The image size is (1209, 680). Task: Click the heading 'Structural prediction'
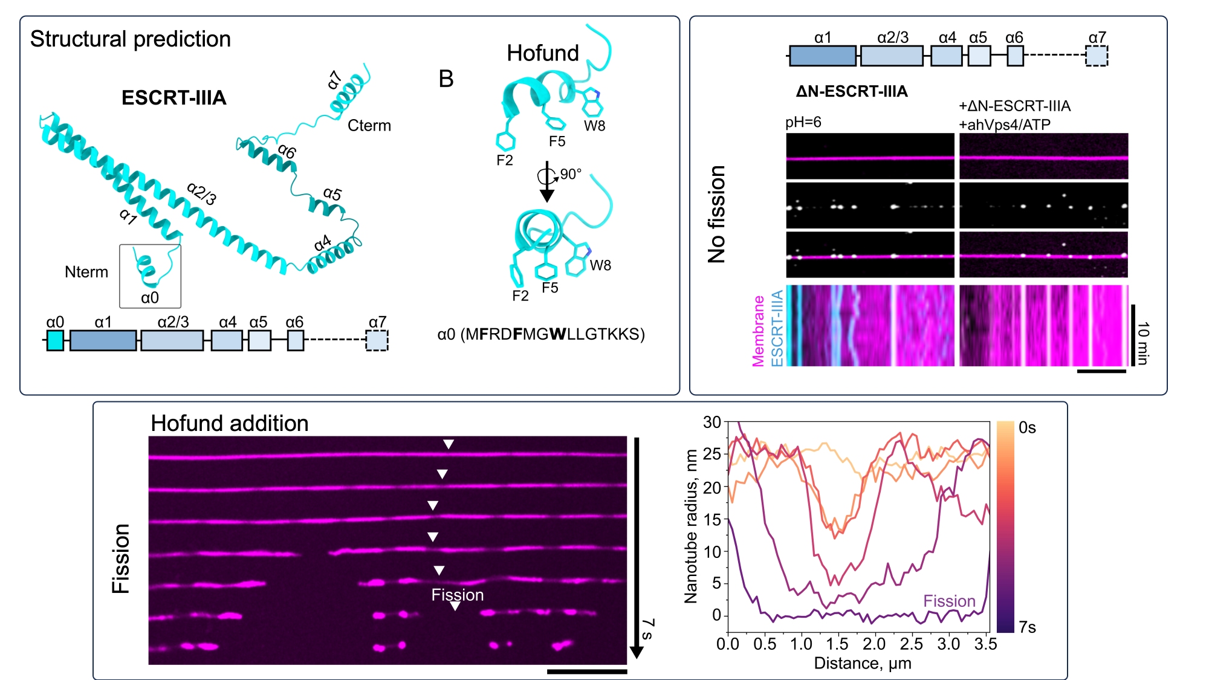pos(131,39)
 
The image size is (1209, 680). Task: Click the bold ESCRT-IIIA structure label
pos(174,98)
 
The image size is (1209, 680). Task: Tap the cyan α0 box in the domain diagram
pos(55,340)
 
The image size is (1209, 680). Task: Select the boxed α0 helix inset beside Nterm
pos(150,276)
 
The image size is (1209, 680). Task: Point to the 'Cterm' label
pos(369,126)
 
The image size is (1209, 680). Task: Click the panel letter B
pos(446,79)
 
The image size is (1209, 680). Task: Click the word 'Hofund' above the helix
pos(543,53)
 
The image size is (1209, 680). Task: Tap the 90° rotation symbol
pos(548,176)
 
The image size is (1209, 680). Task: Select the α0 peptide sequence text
pos(541,334)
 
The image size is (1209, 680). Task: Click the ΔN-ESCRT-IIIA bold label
pos(852,92)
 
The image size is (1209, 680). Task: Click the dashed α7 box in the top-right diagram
pos(1097,56)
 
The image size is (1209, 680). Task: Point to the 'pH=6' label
pos(803,123)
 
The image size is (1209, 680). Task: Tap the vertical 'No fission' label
pos(717,214)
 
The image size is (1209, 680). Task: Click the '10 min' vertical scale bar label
pos(1143,343)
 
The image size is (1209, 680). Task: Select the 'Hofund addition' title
pos(230,423)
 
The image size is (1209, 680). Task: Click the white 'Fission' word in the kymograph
pos(458,595)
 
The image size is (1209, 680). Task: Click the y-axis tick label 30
pos(712,423)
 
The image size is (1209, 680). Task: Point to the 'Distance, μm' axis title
pos(863,663)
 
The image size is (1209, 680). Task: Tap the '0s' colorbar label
pos(1027,428)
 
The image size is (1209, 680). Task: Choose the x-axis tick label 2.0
pos(874,644)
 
